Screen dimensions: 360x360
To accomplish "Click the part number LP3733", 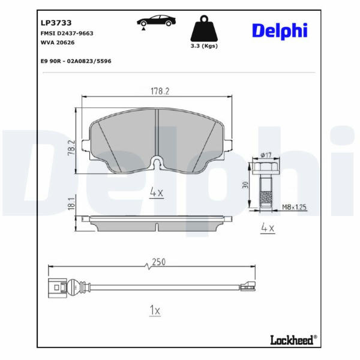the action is click(56, 23).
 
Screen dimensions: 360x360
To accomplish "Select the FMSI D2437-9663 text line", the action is click(67, 33).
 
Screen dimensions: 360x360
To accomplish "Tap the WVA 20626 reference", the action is click(58, 43).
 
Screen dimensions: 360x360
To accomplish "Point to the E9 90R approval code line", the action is click(76, 61).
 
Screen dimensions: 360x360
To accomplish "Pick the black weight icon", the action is click(204, 28).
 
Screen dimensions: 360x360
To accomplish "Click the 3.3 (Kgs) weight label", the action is click(204, 46).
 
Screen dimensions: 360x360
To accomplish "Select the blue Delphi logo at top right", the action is click(280, 31).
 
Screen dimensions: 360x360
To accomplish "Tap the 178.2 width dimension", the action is click(160, 91).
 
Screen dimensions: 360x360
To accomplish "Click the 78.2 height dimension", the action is click(71, 148).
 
